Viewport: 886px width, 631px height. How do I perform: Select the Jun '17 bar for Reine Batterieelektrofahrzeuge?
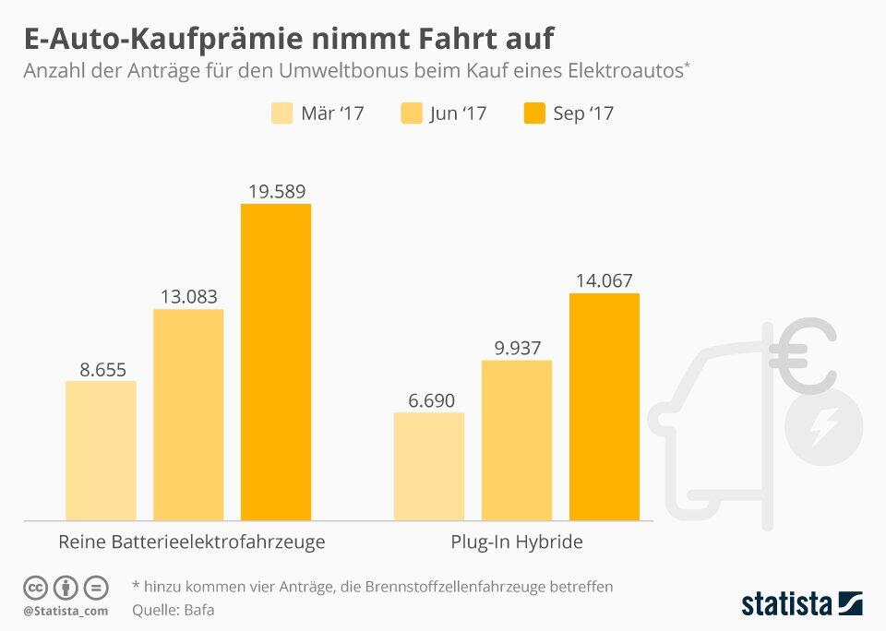tap(188, 415)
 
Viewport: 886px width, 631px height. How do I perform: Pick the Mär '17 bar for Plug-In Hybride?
tap(428, 466)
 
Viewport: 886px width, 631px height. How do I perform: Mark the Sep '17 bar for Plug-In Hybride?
tap(604, 407)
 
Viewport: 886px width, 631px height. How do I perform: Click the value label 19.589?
tap(276, 192)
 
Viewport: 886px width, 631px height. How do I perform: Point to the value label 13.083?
tap(188, 297)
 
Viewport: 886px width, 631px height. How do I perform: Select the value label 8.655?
tap(101, 369)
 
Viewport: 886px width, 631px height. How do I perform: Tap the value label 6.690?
tap(428, 400)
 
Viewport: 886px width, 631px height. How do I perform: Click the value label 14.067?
tap(604, 281)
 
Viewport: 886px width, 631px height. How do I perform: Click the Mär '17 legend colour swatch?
tap(281, 113)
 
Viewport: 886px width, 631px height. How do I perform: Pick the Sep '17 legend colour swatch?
tap(534, 113)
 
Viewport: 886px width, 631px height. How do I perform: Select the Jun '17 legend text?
tap(457, 113)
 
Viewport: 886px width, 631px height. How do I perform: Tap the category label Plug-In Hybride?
tap(516, 542)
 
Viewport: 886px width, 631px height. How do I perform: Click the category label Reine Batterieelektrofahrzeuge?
tap(191, 542)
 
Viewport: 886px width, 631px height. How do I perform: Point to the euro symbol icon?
tap(801, 356)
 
